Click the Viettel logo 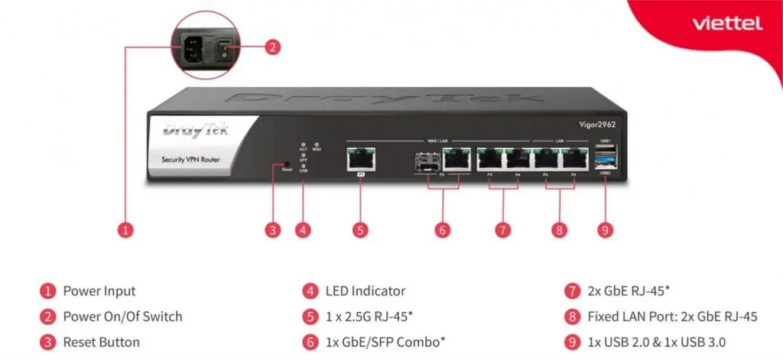pyautogui.click(x=726, y=24)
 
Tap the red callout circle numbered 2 pyautogui.click(x=271, y=47)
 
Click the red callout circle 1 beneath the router pyautogui.click(x=127, y=229)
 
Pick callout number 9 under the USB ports pyautogui.click(x=606, y=229)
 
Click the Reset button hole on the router pyautogui.click(x=286, y=164)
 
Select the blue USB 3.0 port pyautogui.click(x=606, y=161)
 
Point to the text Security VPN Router pyautogui.click(x=191, y=159)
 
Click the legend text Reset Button pyautogui.click(x=101, y=342)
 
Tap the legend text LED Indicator pyautogui.click(x=366, y=290)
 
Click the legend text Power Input pyautogui.click(x=99, y=290)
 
